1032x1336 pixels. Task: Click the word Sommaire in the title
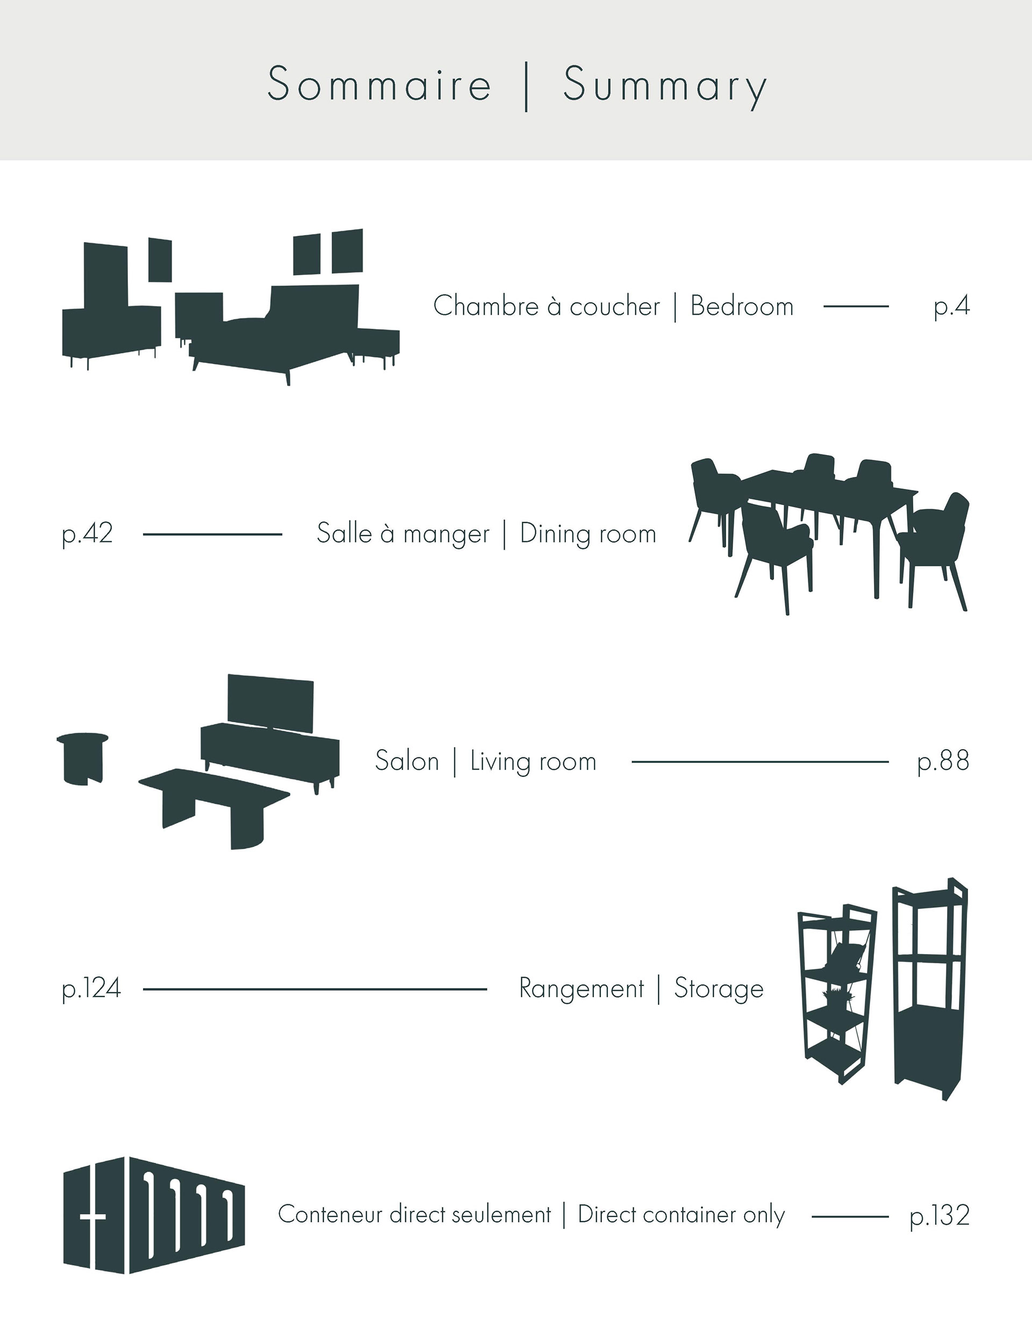click(379, 84)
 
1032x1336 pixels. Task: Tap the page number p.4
click(951, 306)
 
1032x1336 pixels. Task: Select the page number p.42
click(88, 534)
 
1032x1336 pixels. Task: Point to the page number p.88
click(943, 761)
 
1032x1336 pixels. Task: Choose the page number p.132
click(940, 1216)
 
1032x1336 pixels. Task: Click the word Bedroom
click(742, 306)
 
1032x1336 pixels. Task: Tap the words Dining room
click(587, 534)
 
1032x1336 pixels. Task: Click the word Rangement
click(582, 989)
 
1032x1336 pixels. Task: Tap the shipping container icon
click(154, 1215)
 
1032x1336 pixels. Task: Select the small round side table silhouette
click(83, 757)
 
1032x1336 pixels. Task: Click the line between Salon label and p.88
click(759, 762)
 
